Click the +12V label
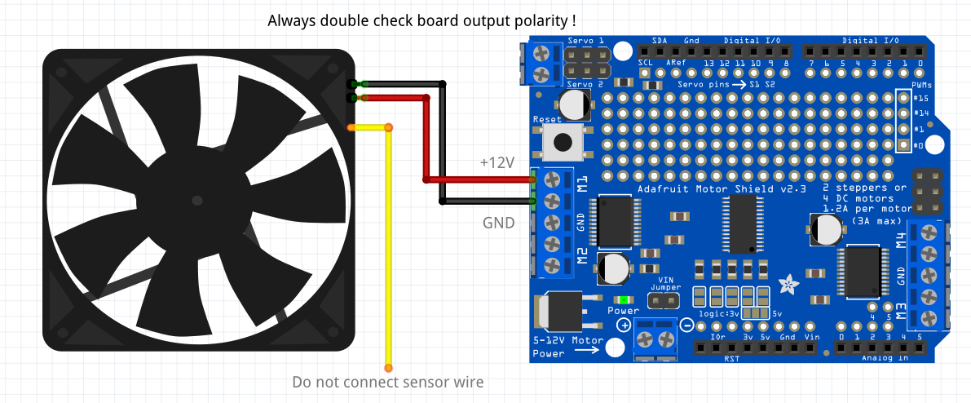point(497,162)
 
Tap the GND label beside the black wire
point(498,221)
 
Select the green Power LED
point(625,300)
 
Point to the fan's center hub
point(196,199)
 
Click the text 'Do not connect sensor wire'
point(388,382)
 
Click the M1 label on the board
point(582,183)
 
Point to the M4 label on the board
point(901,239)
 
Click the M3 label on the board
point(901,311)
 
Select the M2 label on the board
point(582,255)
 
